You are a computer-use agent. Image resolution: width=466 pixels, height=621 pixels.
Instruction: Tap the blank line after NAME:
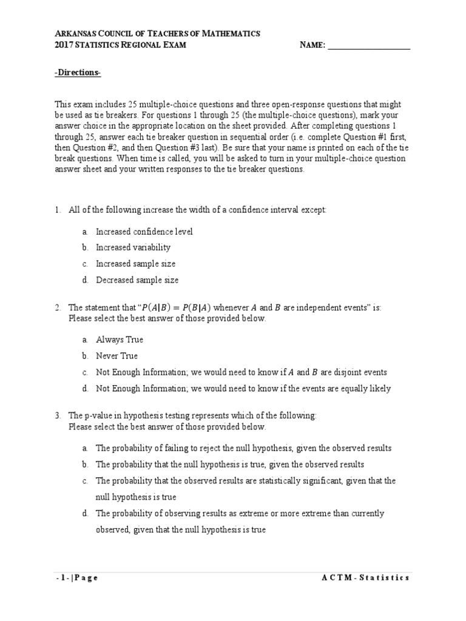(x=369, y=45)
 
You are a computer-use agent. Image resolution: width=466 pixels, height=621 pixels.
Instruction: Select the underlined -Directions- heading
(x=78, y=73)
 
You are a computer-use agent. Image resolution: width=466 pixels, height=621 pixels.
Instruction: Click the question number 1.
(x=57, y=210)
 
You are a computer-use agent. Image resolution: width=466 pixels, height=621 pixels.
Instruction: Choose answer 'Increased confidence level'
(x=144, y=232)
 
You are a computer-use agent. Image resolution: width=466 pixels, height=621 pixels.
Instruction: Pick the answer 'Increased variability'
(x=133, y=247)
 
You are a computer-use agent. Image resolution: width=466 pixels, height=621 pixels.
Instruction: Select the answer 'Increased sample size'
(x=135, y=264)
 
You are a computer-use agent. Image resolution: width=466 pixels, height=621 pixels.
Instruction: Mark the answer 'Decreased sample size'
(x=137, y=280)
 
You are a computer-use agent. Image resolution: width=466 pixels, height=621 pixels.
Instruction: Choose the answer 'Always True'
(x=120, y=340)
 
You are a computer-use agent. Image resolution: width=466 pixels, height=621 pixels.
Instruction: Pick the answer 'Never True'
(x=116, y=356)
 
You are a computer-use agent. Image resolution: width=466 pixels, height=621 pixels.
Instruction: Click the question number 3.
(x=57, y=416)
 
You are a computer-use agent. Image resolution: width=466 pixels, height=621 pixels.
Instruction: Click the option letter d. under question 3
(x=85, y=514)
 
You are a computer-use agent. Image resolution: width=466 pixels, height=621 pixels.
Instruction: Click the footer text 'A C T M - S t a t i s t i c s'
(x=365, y=578)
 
